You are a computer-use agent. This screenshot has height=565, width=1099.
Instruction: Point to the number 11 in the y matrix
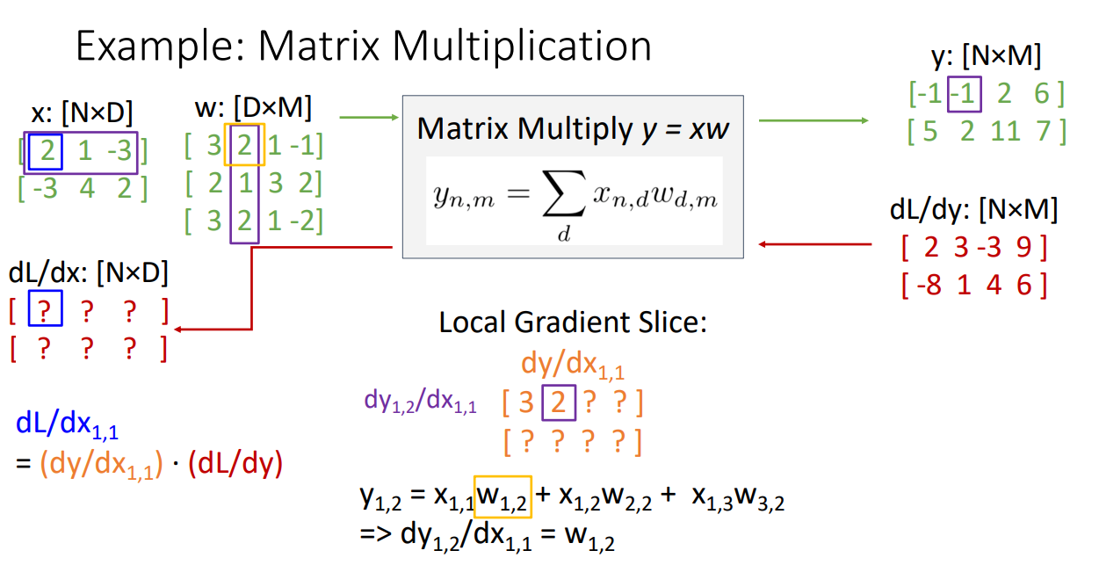pos(1006,131)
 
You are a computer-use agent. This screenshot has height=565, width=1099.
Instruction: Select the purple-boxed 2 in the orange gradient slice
pos(559,403)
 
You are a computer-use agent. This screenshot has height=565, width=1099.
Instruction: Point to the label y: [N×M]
pos(985,57)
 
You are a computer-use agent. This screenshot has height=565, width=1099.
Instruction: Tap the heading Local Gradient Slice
pos(573,323)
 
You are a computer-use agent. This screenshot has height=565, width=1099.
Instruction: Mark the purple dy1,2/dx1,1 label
pos(420,402)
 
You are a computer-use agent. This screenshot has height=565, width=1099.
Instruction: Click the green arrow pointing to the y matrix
pos(812,120)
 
